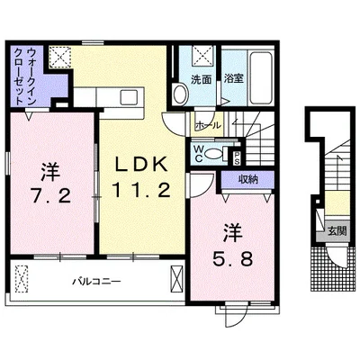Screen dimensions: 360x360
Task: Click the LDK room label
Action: point(141,165)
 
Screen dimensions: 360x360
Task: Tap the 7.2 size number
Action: point(51,197)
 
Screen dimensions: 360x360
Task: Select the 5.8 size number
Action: point(232,259)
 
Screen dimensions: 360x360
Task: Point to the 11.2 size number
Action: point(141,190)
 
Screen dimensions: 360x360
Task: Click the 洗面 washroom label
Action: point(202,79)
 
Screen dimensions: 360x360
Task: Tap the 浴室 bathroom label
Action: point(234,78)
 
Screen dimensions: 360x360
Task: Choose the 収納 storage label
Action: point(248,180)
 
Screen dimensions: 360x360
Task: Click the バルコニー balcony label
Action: point(96,282)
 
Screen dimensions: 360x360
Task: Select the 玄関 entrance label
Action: point(337,231)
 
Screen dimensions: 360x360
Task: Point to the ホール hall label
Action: point(208,125)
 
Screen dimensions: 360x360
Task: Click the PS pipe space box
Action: point(237,157)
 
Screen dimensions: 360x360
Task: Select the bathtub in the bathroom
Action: point(261,78)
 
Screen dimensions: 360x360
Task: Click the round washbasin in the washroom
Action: point(180,94)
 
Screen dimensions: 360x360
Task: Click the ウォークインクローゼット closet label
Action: point(25,76)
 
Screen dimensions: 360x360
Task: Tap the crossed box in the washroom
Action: point(202,56)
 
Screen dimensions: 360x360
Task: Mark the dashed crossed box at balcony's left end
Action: point(22,279)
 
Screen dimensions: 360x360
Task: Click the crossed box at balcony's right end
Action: point(176,279)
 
